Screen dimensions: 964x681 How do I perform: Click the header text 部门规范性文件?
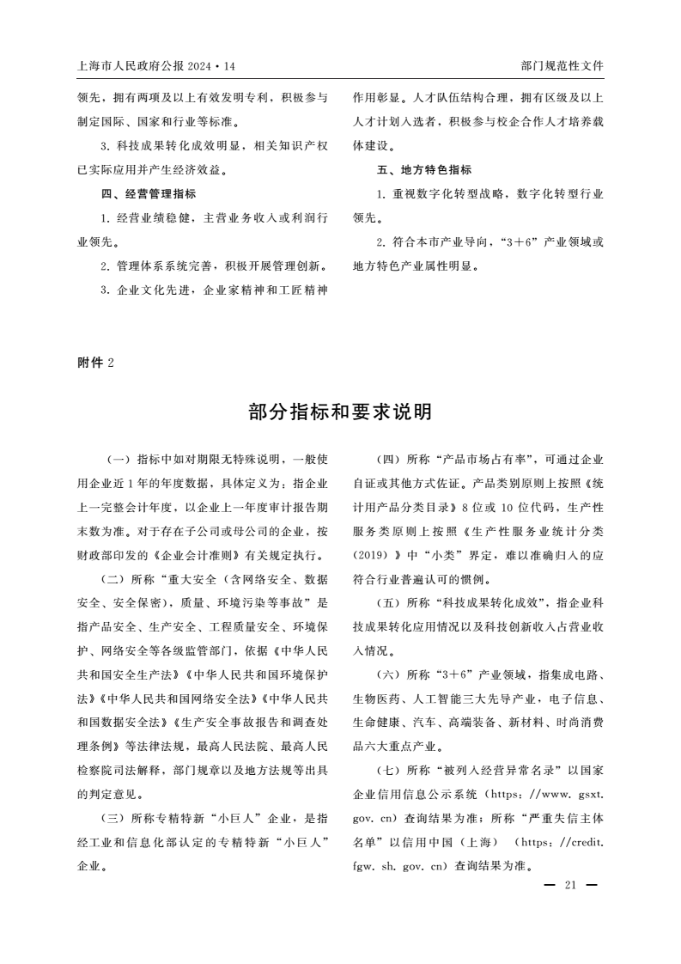(x=562, y=66)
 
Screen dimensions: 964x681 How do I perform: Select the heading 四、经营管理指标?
(x=149, y=194)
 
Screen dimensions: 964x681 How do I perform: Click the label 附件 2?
(x=95, y=363)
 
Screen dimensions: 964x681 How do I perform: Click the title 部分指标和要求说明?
(x=340, y=412)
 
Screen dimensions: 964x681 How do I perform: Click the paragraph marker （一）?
(x=116, y=460)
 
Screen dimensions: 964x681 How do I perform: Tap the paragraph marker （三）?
(x=116, y=817)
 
